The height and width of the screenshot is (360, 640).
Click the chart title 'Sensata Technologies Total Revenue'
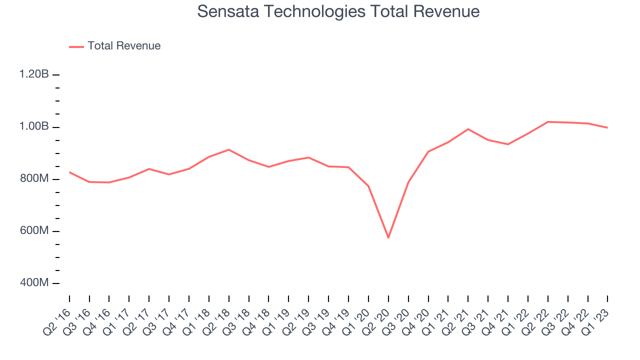pyautogui.click(x=338, y=11)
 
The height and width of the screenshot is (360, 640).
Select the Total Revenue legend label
pyautogui.click(x=124, y=46)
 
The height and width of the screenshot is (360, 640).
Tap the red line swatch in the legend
pyautogui.click(x=76, y=46)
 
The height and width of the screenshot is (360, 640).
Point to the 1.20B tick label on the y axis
pyautogui.click(x=34, y=74)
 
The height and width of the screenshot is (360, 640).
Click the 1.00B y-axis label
pyautogui.click(x=34, y=126)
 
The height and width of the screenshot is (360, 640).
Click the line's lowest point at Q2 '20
pyautogui.click(x=388, y=237)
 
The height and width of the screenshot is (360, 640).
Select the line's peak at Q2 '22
pyautogui.click(x=548, y=121)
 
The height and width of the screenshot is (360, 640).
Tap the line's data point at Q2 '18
pyautogui.click(x=228, y=149)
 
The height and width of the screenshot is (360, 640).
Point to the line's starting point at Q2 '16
pyautogui.click(x=69, y=172)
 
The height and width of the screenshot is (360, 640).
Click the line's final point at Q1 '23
pyautogui.click(x=607, y=127)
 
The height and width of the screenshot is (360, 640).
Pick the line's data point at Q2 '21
pyautogui.click(x=468, y=129)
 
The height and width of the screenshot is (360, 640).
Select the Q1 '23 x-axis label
pyautogui.click(x=597, y=321)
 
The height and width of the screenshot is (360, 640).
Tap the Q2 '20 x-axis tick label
pyautogui.click(x=378, y=321)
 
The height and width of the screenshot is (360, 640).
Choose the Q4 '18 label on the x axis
pyautogui.click(x=258, y=321)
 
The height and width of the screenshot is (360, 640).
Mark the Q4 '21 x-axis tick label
pyautogui.click(x=497, y=321)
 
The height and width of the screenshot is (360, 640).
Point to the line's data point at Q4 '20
pyautogui.click(x=428, y=151)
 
